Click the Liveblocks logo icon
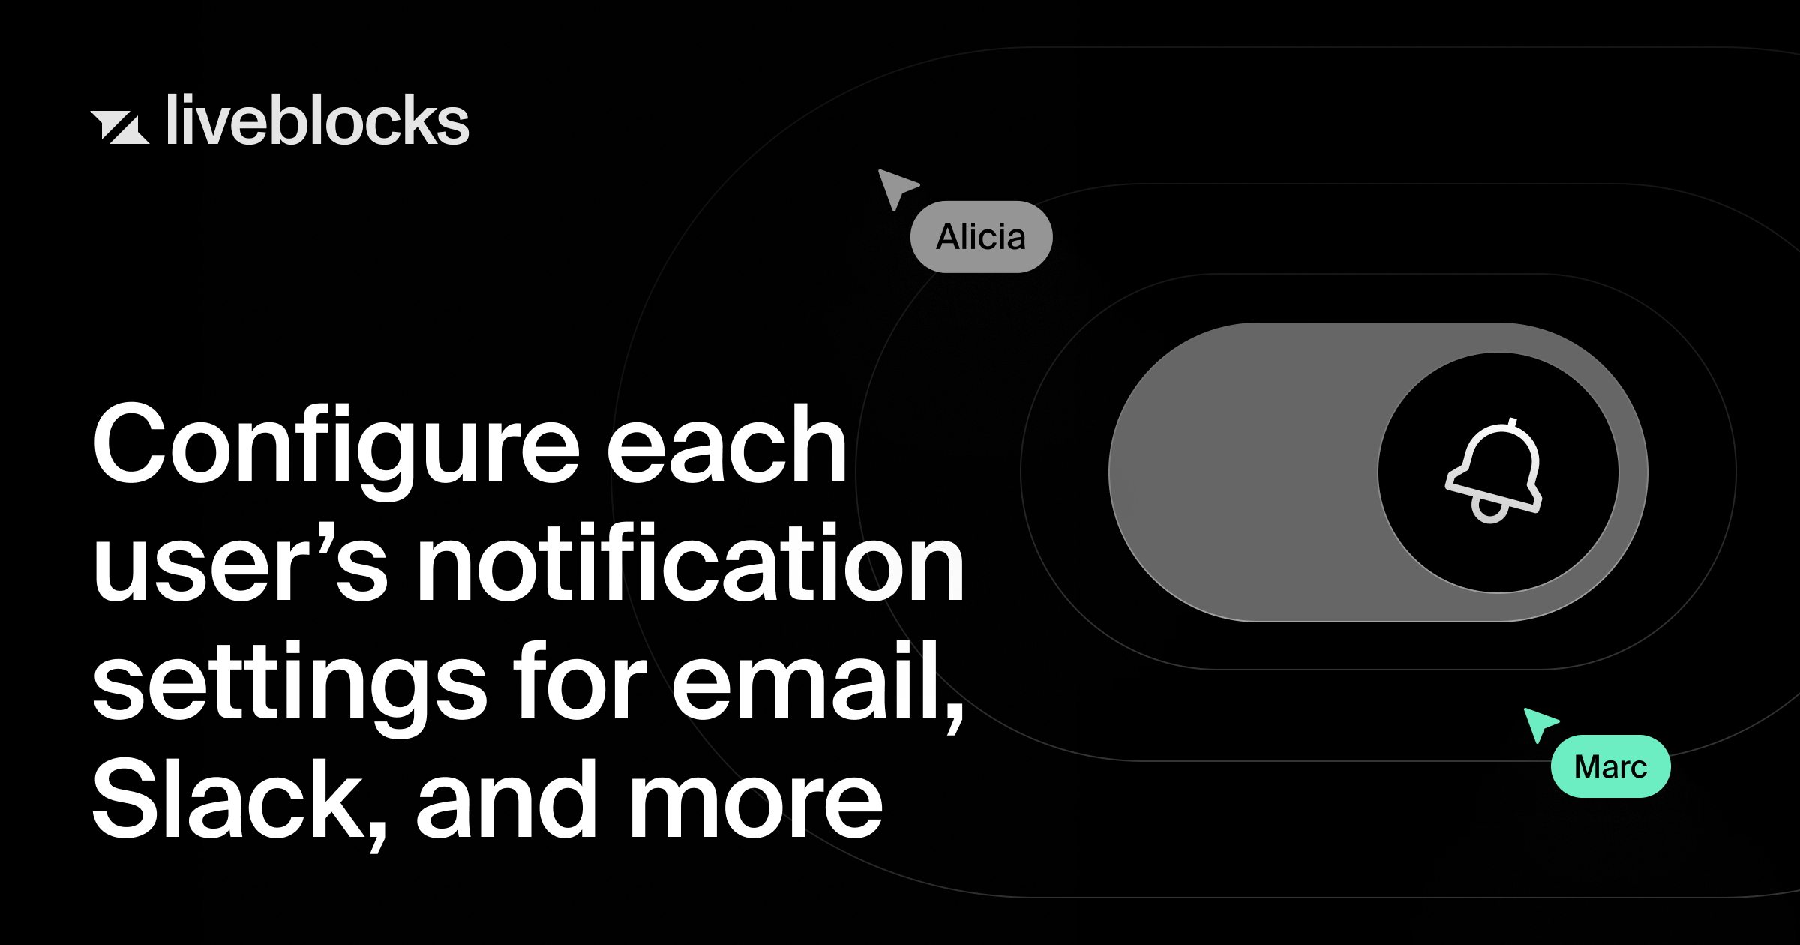point(120,127)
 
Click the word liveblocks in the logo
point(317,121)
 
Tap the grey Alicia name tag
point(981,237)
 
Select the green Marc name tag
point(1610,766)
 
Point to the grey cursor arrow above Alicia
point(896,187)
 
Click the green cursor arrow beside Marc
point(1539,723)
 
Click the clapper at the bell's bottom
point(1489,512)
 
